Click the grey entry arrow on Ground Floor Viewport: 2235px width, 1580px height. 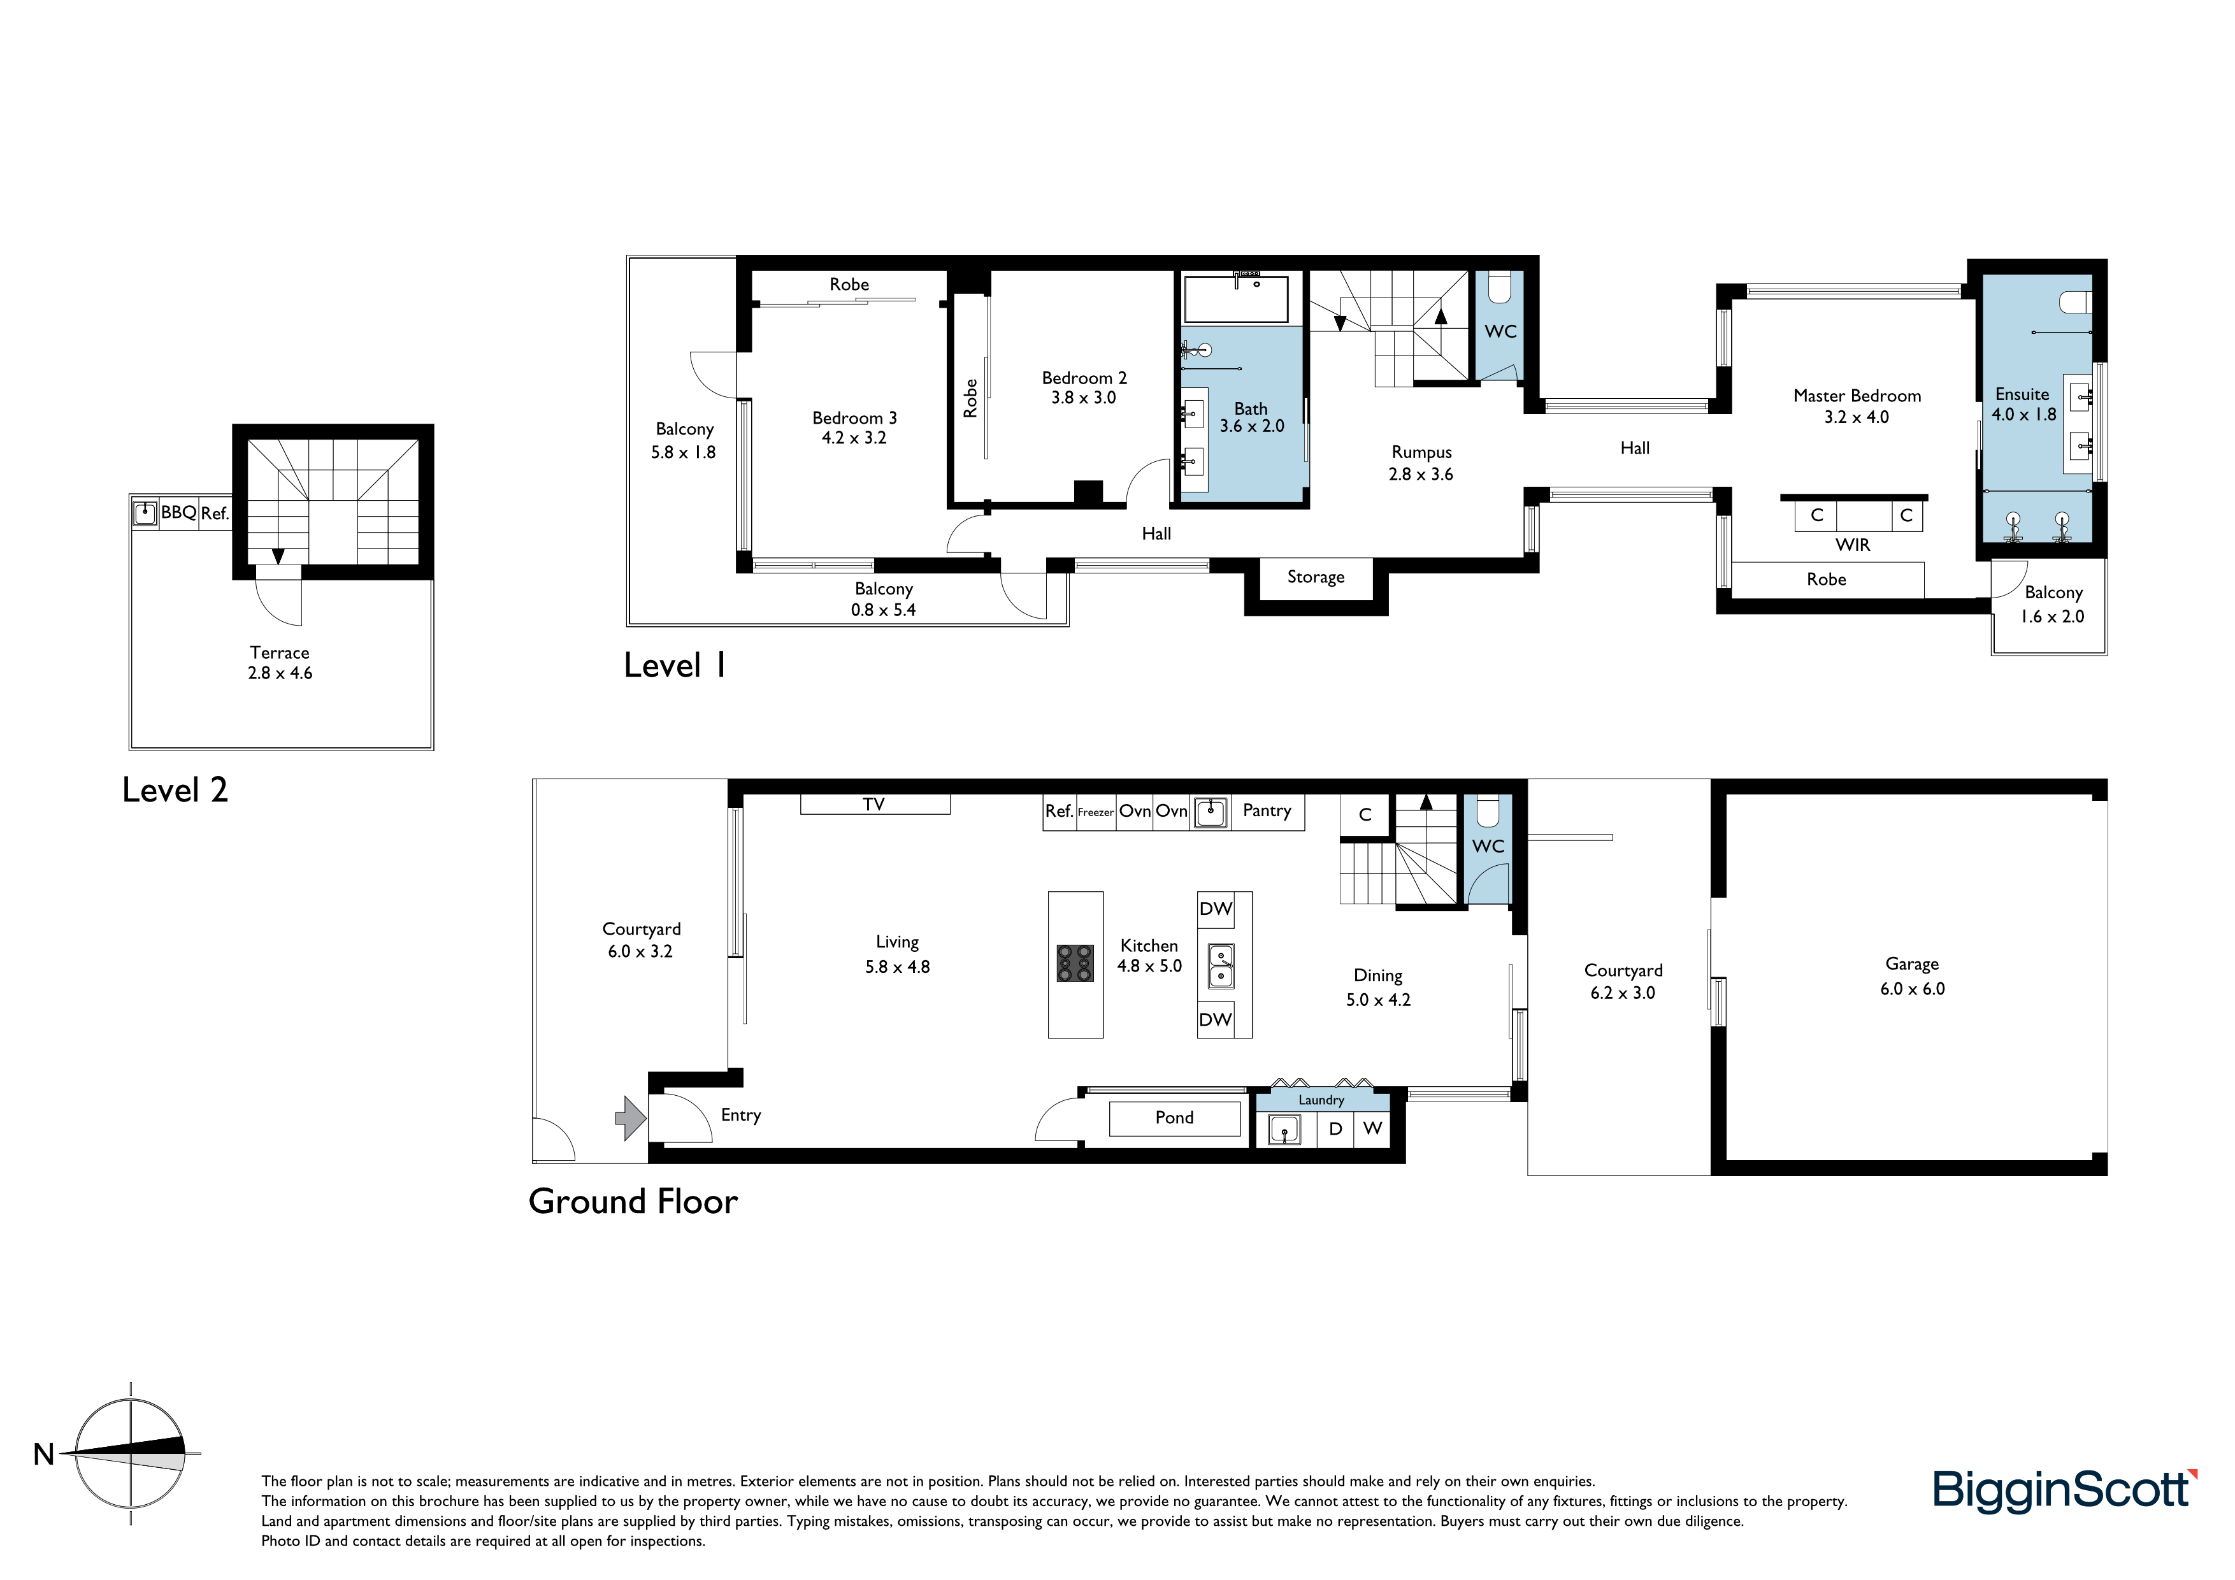(x=631, y=1117)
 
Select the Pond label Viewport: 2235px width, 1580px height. (x=1174, y=1117)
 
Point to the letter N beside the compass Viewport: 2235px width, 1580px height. (x=44, y=1454)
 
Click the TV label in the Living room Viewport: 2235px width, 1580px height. (x=873, y=804)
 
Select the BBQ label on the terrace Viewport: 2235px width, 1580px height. (x=179, y=512)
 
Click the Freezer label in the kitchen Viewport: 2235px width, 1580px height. (x=1095, y=812)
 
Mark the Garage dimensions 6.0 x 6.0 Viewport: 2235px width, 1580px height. (x=1912, y=989)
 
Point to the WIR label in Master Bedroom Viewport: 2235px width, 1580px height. (x=1853, y=545)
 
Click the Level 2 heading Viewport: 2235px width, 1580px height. (x=175, y=789)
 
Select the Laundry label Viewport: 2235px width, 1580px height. (x=1321, y=1100)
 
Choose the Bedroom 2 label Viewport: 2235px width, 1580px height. (x=1084, y=378)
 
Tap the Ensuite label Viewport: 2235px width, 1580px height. (x=2022, y=394)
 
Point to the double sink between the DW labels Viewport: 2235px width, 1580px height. (x=1221, y=966)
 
